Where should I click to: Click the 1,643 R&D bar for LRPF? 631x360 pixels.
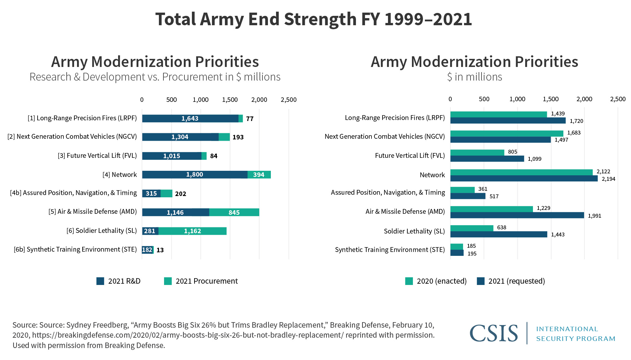click(190, 118)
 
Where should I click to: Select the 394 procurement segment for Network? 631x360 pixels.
click(259, 175)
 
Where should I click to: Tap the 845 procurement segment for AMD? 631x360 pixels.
click(234, 213)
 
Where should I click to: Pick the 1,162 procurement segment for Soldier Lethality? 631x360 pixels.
click(193, 231)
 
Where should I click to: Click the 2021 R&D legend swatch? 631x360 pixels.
click(100, 281)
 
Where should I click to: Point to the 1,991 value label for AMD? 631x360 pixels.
click(594, 216)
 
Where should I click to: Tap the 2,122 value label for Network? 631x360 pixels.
click(603, 171)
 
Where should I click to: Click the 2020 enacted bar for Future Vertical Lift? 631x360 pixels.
click(477, 152)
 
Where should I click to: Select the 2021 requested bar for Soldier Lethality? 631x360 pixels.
click(498, 235)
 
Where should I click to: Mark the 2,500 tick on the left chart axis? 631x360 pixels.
click(289, 100)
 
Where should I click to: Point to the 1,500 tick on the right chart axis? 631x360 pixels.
click(551, 99)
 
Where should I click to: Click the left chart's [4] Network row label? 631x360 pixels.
click(119, 175)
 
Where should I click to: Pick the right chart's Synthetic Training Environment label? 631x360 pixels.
click(390, 250)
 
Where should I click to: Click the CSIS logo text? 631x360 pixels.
click(493, 333)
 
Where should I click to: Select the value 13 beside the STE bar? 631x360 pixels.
click(160, 250)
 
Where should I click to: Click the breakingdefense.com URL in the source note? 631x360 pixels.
click(188, 335)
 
